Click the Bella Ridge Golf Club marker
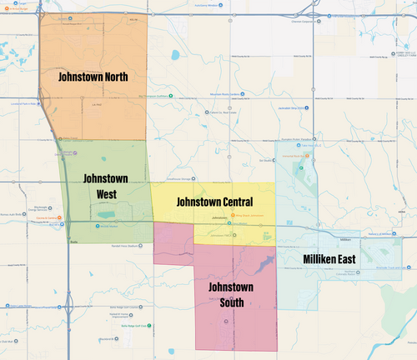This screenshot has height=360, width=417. coord(149,324)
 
